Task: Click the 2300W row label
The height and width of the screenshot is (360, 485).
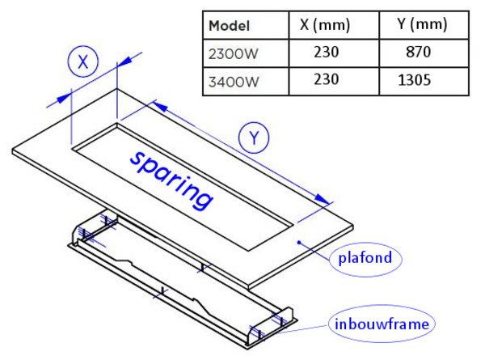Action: click(x=234, y=53)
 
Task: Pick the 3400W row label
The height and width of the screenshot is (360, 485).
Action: click(x=234, y=82)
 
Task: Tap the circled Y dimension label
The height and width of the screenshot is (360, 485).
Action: click(x=255, y=138)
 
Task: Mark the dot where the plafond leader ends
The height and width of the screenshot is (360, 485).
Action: click(x=300, y=241)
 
